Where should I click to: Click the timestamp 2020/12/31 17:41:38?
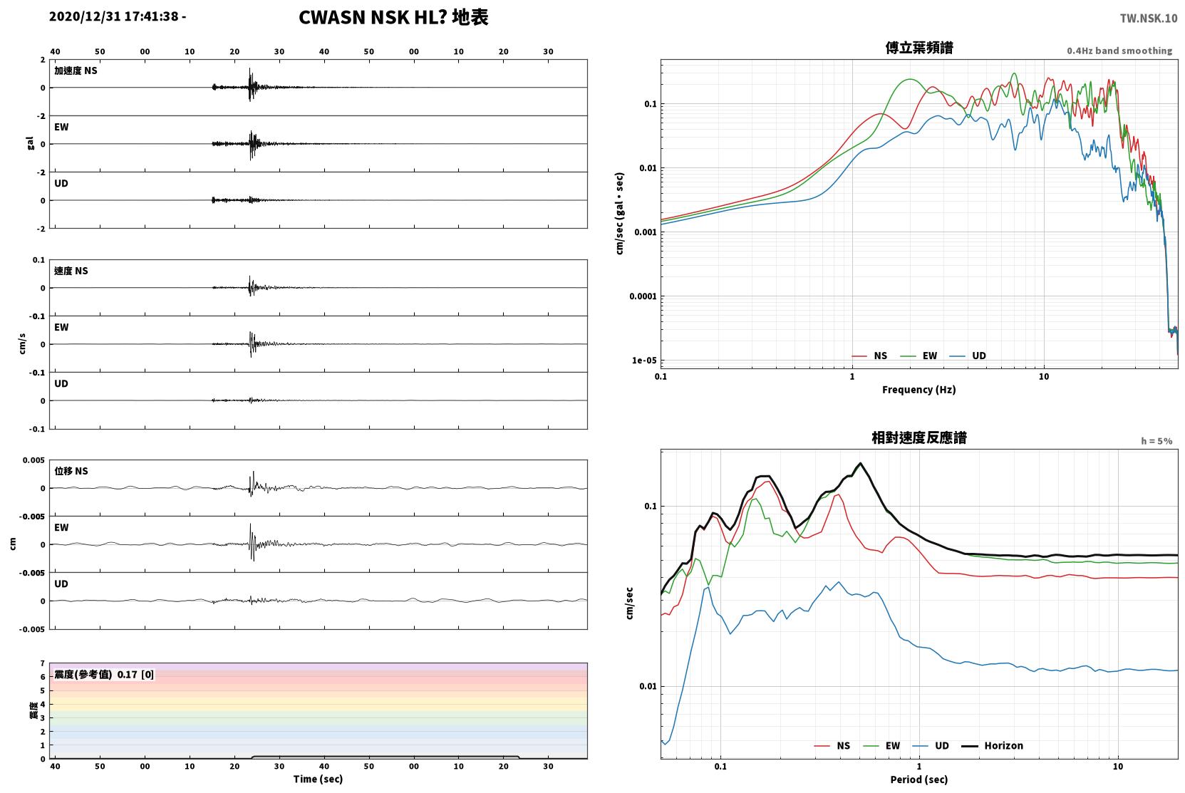114,16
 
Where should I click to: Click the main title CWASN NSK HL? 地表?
393,17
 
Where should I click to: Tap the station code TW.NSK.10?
1149,19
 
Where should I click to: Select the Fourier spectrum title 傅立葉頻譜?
919,48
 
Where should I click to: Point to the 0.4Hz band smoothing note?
1119,51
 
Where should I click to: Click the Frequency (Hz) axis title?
919,390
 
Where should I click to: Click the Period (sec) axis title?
919,779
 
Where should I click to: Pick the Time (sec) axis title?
318,779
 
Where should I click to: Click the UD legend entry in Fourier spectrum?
968,356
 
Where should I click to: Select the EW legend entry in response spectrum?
881,746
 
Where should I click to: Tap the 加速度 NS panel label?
76,71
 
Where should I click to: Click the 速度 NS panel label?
71,271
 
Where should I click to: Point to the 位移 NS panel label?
71,471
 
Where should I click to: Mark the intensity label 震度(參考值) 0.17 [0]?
104,675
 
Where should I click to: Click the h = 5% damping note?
1156,441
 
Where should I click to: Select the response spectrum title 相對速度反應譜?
919,437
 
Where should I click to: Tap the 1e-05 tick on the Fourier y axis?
644,361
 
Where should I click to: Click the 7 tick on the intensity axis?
43,663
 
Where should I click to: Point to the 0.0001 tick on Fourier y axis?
643,296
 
